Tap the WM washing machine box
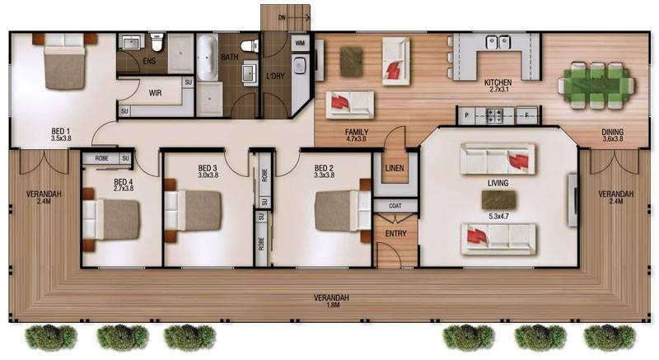pyautogui.click(x=300, y=43)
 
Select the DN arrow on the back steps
pyautogui.click(x=299, y=17)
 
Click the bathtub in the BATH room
pyautogui.click(x=208, y=58)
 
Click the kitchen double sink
pyautogui.click(x=498, y=41)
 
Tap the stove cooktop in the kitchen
pyautogui.click(x=495, y=115)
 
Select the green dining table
pyautogui.click(x=596, y=86)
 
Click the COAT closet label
pyautogui.click(x=395, y=206)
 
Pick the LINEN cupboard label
pyautogui.click(x=395, y=168)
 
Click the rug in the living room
pyautogui.click(x=498, y=200)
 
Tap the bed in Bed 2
pyautogui.click(x=343, y=211)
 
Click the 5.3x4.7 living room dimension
pyautogui.click(x=498, y=217)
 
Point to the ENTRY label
pyautogui.click(x=396, y=234)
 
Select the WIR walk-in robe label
pyautogui.click(x=155, y=93)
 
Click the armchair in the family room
pyautogui.click(x=395, y=61)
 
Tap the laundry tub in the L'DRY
pyautogui.click(x=299, y=66)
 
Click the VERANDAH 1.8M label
pyautogui.click(x=332, y=302)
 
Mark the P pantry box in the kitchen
pyautogui.click(x=466, y=115)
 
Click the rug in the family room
pyautogui.click(x=351, y=62)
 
